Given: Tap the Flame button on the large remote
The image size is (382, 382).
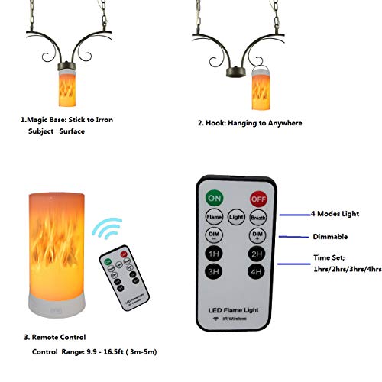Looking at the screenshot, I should click(x=214, y=216).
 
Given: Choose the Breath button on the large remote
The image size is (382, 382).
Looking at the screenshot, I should click(x=257, y=216).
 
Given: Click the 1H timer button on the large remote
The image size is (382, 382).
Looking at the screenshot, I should click(x=214, y=254).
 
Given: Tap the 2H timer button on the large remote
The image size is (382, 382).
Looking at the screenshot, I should click(x=257, y=254).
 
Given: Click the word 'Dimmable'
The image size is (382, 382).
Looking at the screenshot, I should click(x=330, y=238).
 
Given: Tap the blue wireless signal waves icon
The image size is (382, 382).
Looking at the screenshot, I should click(x=107, y=230).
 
